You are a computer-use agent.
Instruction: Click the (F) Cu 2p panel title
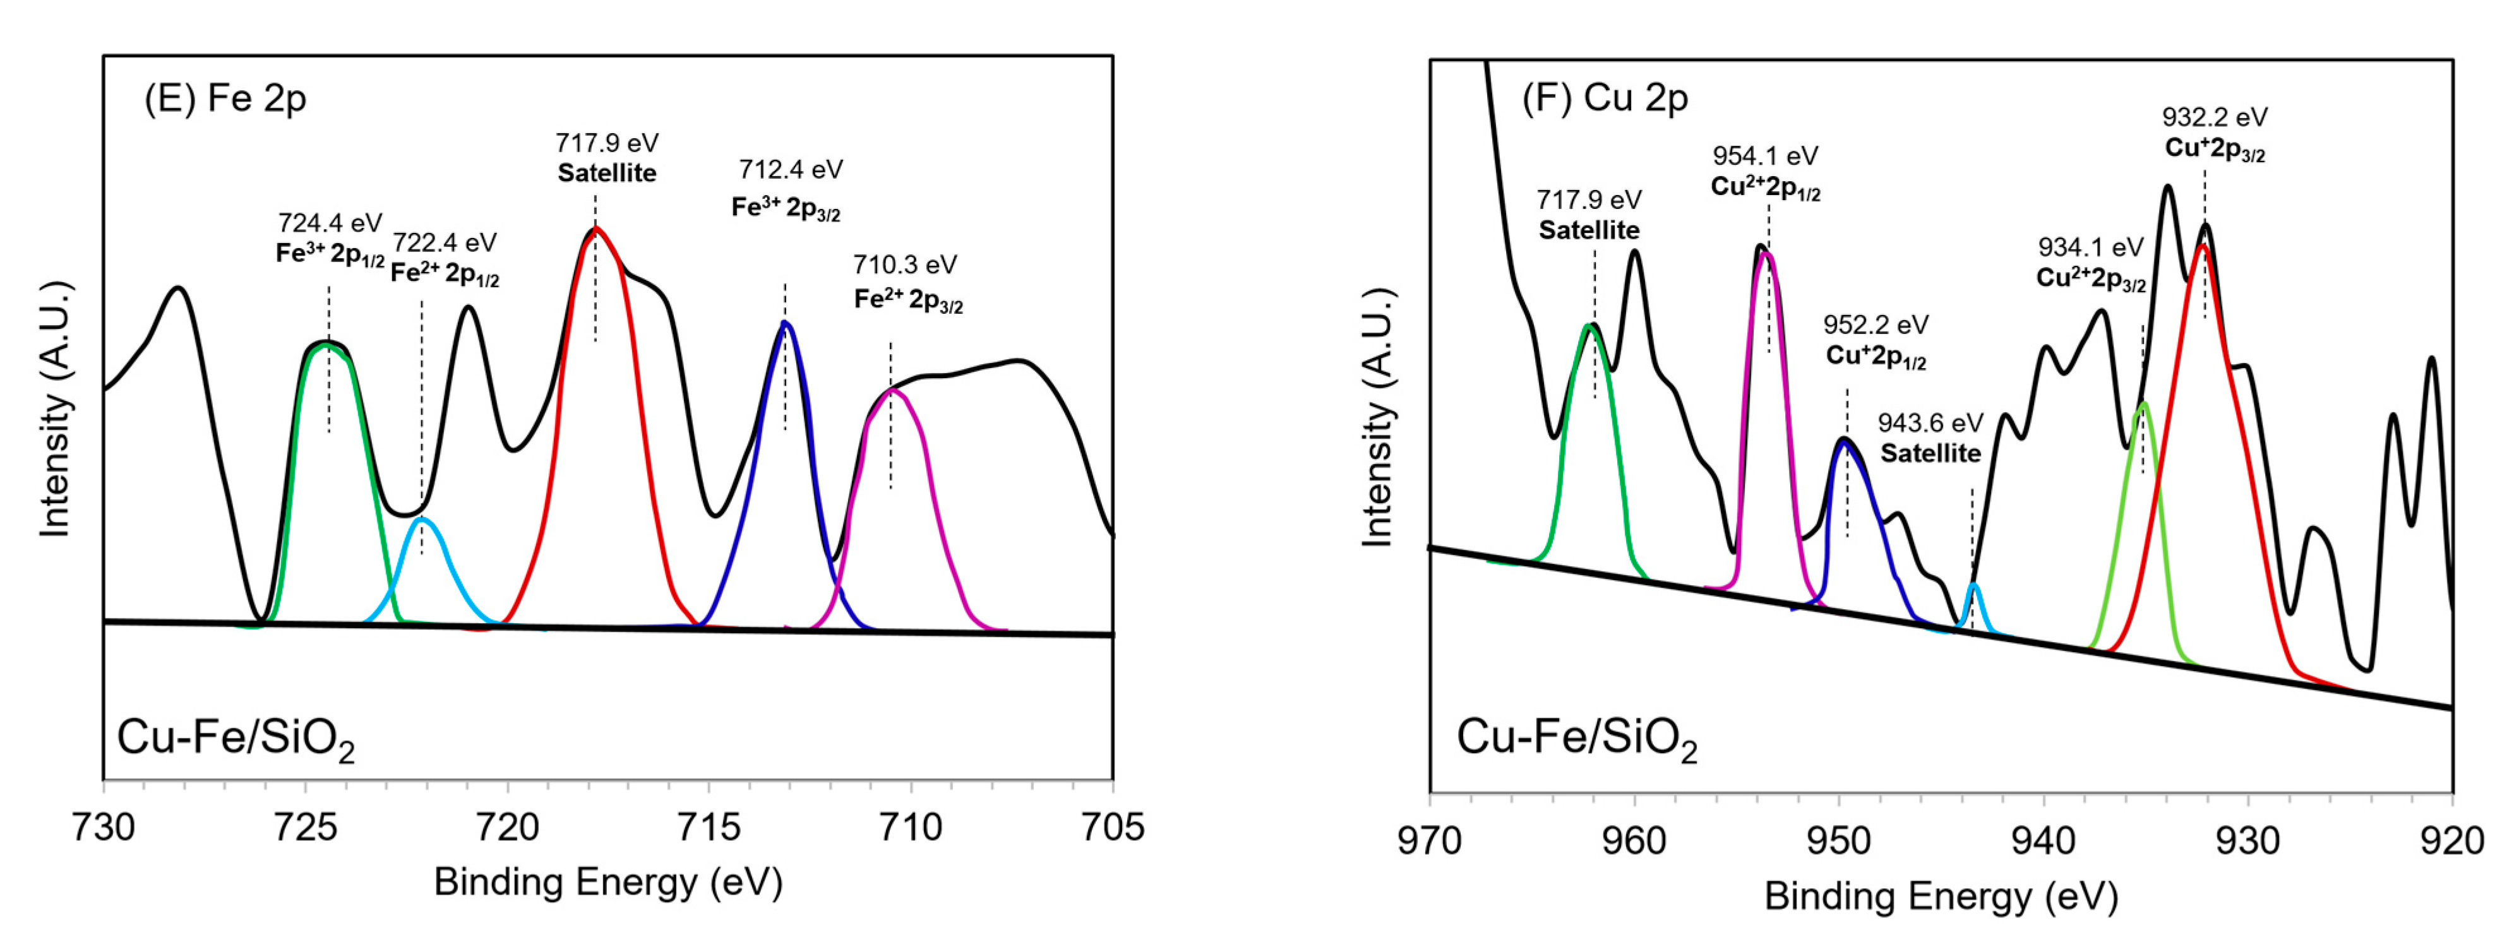point(1605,98)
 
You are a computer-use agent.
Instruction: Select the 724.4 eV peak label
point(330,224)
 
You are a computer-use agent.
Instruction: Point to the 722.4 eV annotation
point(445,242)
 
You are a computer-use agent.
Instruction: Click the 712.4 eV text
point(790,170)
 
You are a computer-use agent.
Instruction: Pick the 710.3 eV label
point(904,265)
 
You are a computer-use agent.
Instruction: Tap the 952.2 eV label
point(1876,324)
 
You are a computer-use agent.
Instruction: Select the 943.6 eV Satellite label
point(1930,437)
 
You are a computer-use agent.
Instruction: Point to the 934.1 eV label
point(2091,247)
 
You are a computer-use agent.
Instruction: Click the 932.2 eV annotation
point(2215,117)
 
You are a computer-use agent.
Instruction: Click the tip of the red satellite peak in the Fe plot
point(595,229)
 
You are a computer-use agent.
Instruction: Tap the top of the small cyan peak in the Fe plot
point(421,520)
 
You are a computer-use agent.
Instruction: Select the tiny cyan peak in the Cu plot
point(1973,587)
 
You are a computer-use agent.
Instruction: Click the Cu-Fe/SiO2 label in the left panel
point(235,739)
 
